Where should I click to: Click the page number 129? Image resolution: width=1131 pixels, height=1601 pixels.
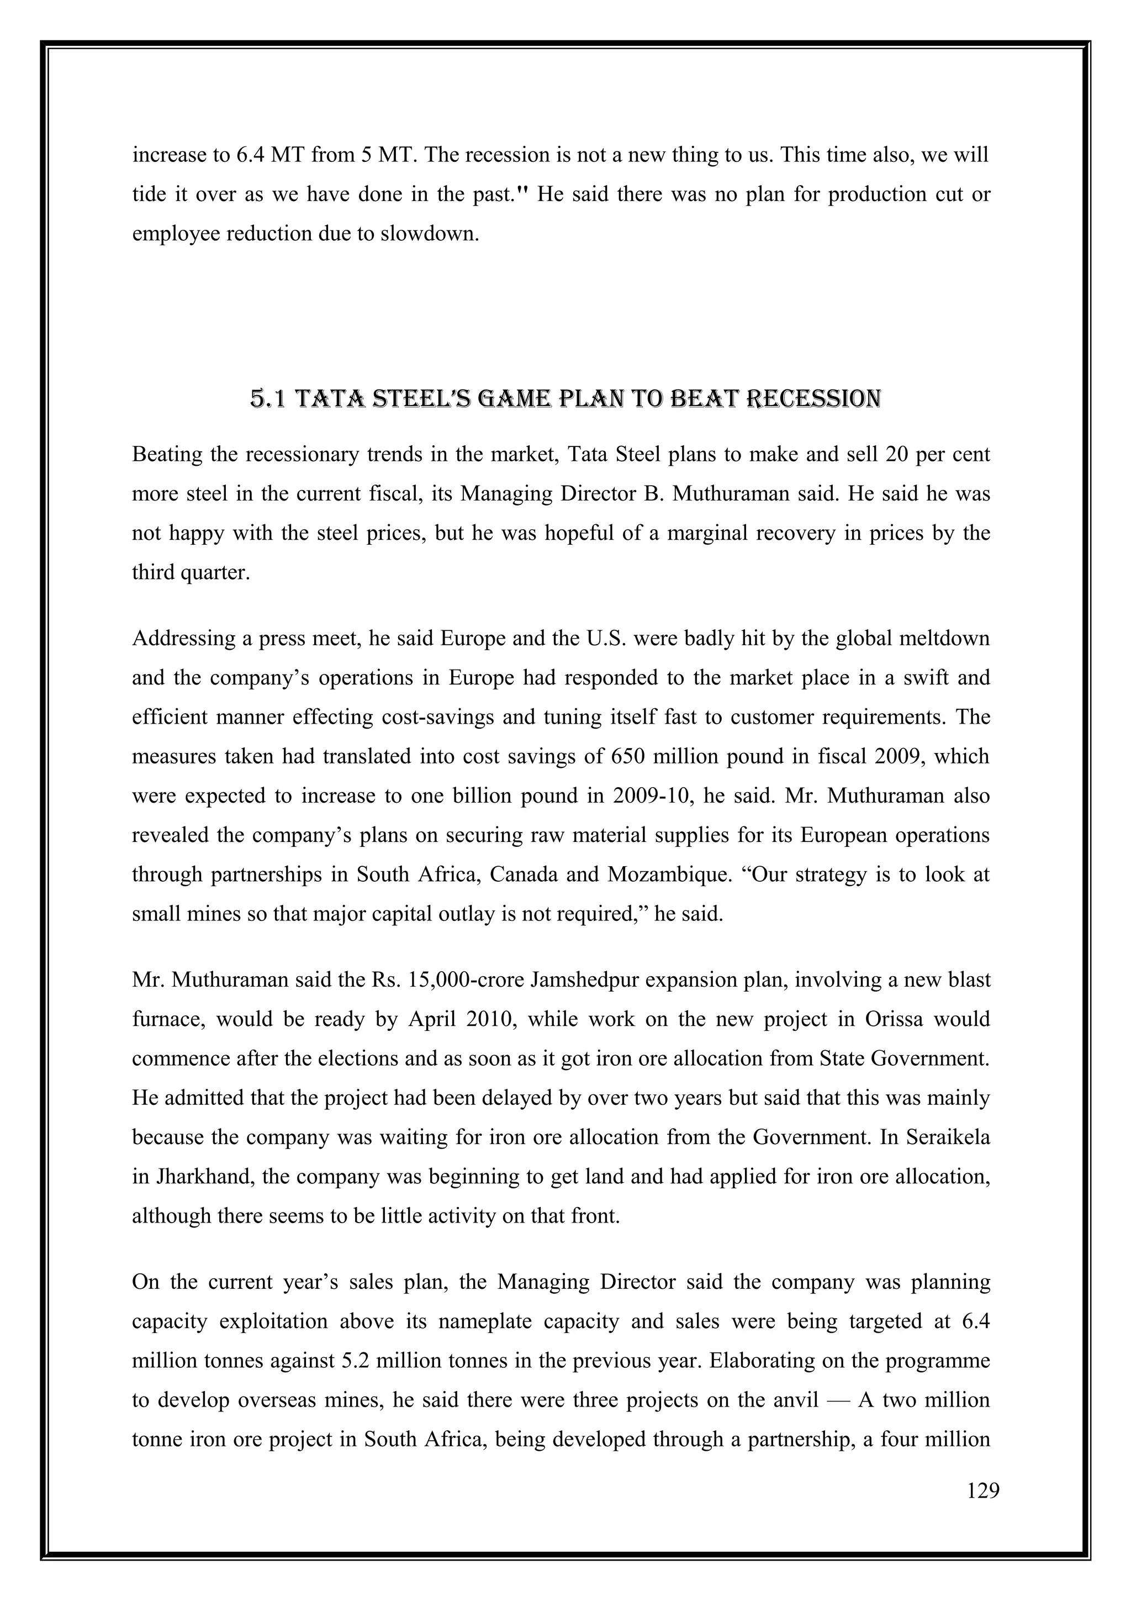point(983,1492)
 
